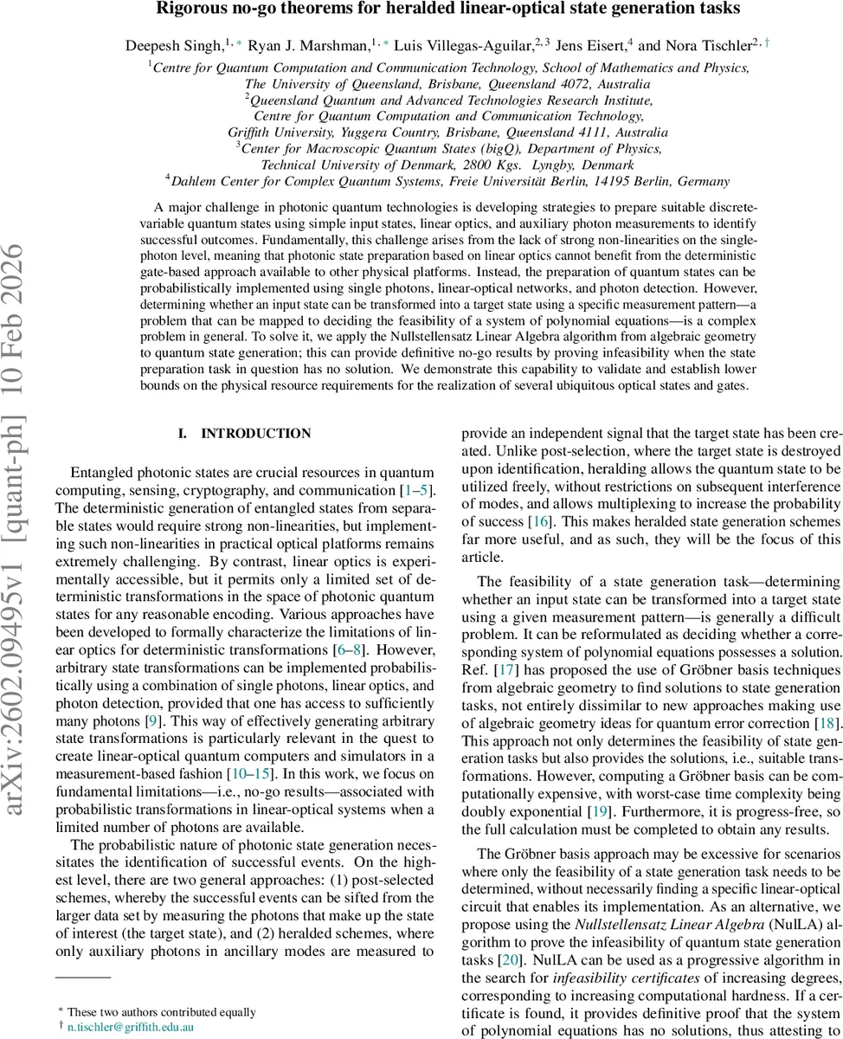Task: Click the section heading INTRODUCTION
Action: coord(255,433)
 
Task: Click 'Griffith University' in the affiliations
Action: coord(279,132)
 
